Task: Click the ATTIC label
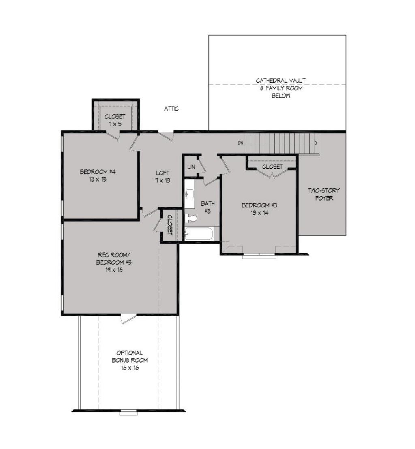tap(171, 109)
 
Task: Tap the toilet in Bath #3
tap(191, 219)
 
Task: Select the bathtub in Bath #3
tap(199, 234)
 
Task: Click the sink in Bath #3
tap(189, 194)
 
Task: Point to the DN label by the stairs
tap(240, 143)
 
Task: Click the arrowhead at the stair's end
tap(316, 143)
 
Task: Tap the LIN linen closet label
tap(191, 167)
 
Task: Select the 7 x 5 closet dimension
tap(115, 124)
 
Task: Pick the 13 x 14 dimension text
tap(259, 213)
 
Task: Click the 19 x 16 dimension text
tap(114, 270)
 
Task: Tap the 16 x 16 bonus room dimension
tap(130, 368)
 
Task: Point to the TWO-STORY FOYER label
tap(324, 194)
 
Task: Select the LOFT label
tap(163, 173)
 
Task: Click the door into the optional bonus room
tap(128, 319)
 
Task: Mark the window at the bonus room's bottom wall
tap(128, 413)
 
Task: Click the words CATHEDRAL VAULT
tap(281, 81)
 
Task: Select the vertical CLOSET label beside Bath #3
tap(170, 225)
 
